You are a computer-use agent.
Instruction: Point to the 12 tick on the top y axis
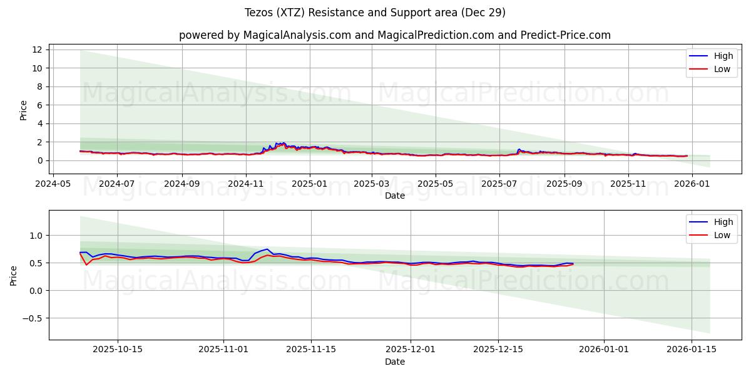pyautogui.click(x=39, y=50)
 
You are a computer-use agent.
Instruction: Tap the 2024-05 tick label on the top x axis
pyautogui.click(x=53, y=184)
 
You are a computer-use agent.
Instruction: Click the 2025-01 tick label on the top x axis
pyautogui.click(x=310, y=184)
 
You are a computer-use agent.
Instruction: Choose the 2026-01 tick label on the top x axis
pyautogui.click(x=692, y=184)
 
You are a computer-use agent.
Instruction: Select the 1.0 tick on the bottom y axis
pyautogui.click(x=36, y=236)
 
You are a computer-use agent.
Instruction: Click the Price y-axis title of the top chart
pyautogui.click(x=24, y=110)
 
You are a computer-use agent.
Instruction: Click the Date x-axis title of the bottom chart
pyautogui.click(x=394, y=362)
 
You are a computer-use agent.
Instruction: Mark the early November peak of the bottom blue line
pyautogui.click(x=267, y=249)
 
